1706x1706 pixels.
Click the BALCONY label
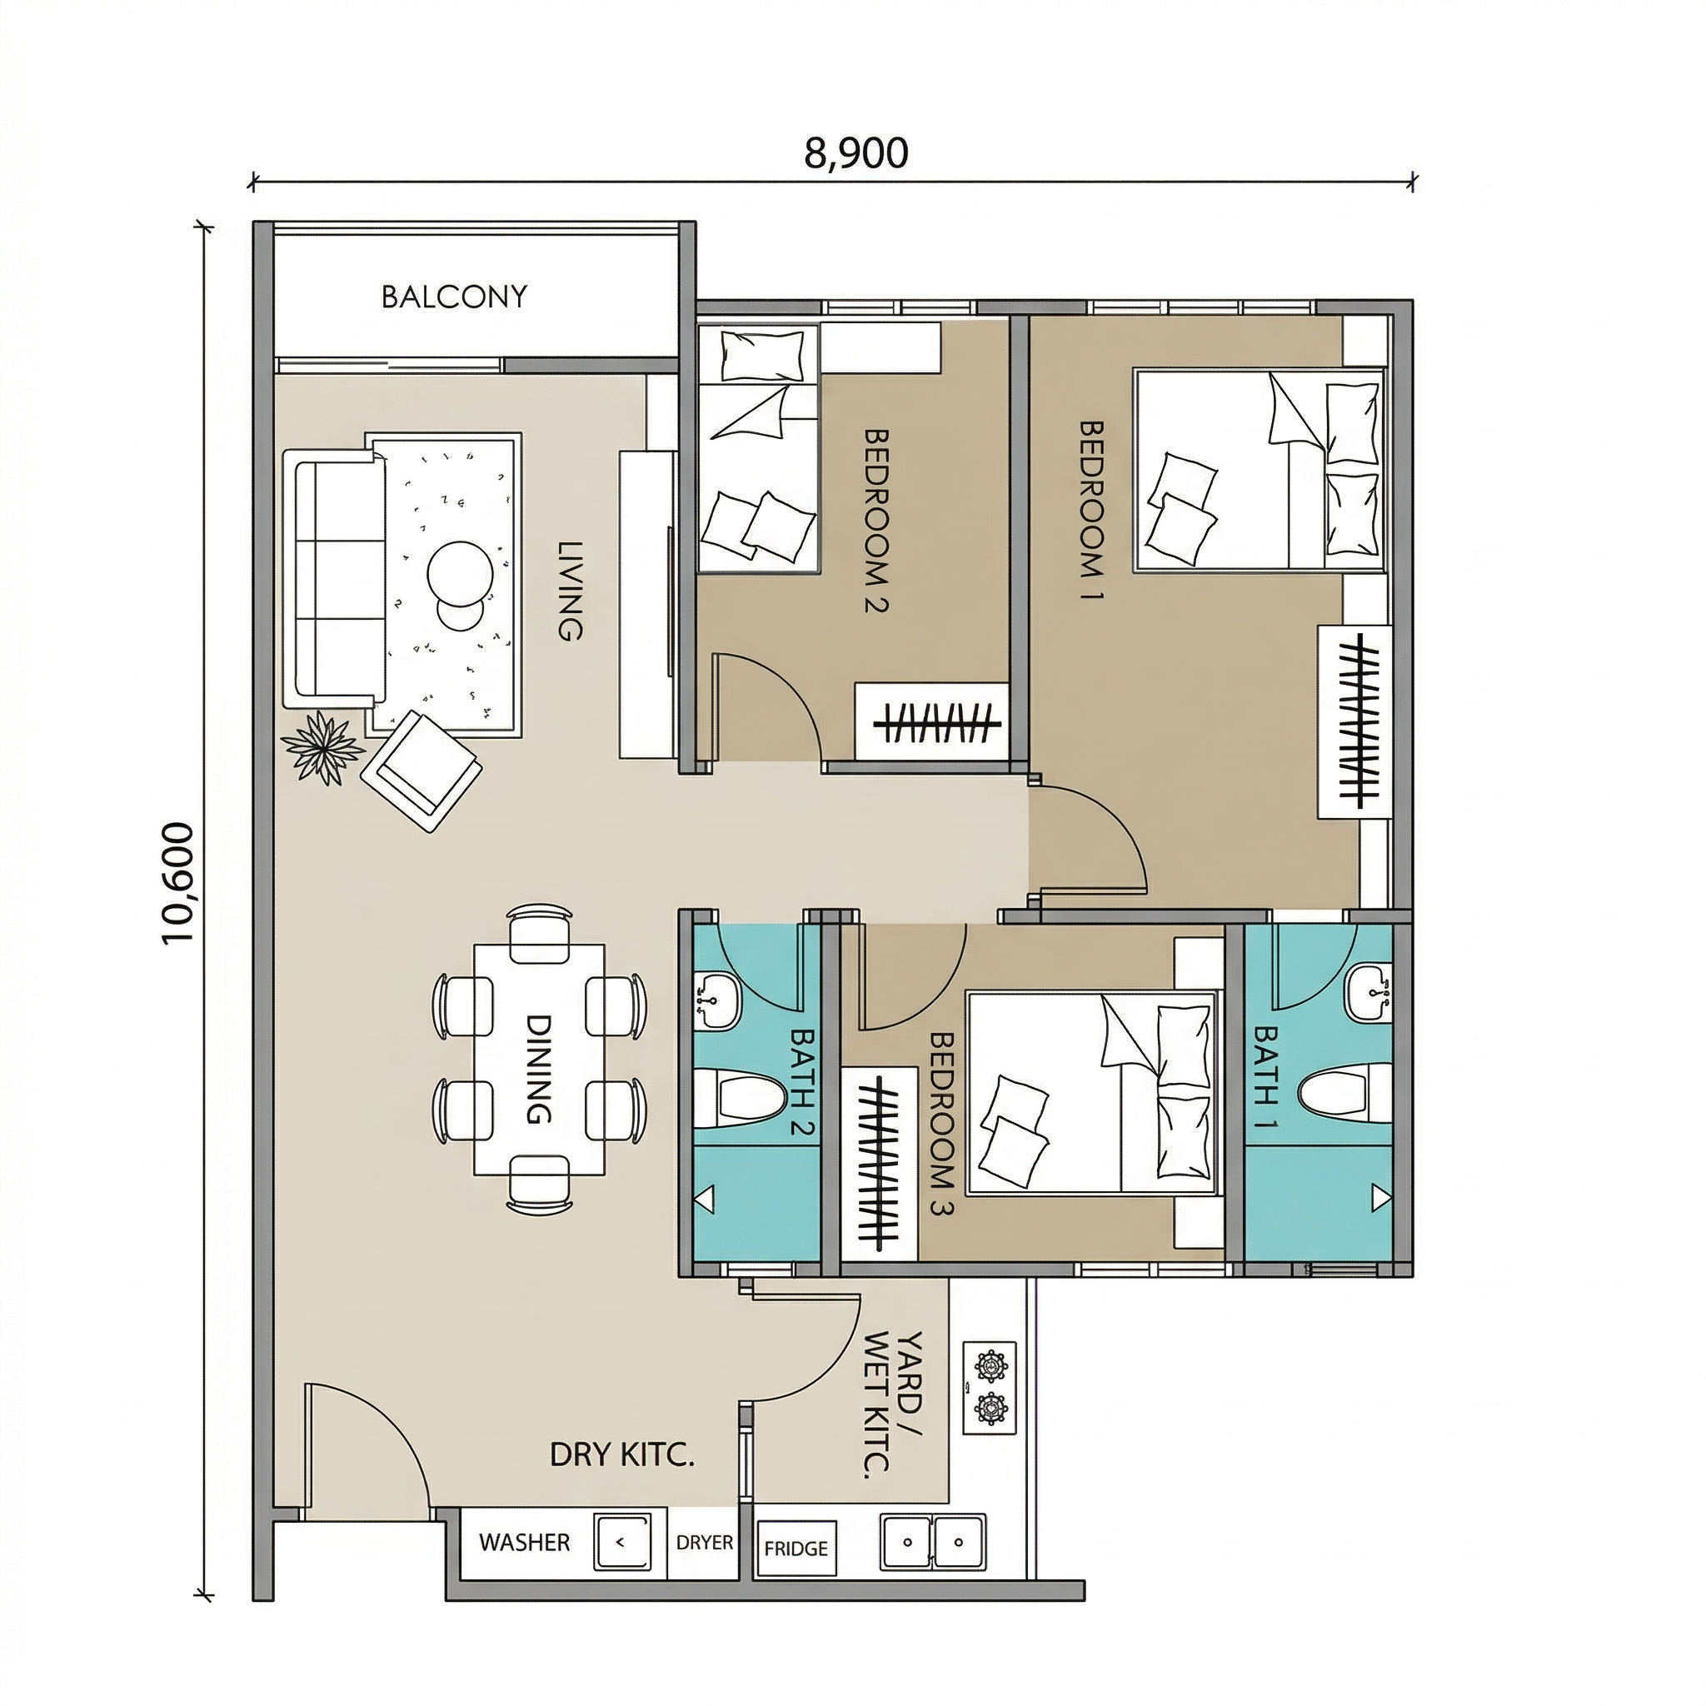pos(454,296)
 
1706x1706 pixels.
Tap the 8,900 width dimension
pos(855,152)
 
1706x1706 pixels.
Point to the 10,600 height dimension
pos(177,882)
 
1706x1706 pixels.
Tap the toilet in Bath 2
pos(739,1099)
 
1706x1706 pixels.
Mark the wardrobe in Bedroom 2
pos(931,721)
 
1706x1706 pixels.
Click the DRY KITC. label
pos(621,1454)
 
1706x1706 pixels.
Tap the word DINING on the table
pos(539,1069)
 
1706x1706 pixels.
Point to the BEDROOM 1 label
pos(1092,511)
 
